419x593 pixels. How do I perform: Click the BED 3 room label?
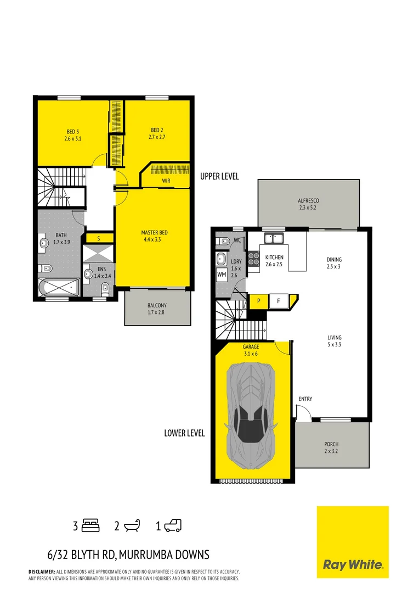pyautogui.click(x=71, y=131)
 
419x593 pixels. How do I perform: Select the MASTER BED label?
pyautogui.click(x=154, y=233)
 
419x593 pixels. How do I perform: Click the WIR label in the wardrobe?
pyautogui.click(x=165, y=180)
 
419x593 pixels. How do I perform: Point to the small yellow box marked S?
pyautogui.click(x=98, y=238)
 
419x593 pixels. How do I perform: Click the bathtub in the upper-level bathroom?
pyautogui.click(x=59, y=287)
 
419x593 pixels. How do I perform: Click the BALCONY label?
pyautogui.click(x=157, y=305)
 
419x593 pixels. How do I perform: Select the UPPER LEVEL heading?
pyautogui.click(x=219, y=177)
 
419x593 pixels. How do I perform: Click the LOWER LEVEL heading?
pyautogui.click(x=184, y=433)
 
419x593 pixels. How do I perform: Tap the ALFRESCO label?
pyautogui.click(x=308, y=201)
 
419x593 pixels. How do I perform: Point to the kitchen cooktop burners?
pyautogui.click(x=253, y=258)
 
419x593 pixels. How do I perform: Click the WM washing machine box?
pyautogui.click(x=222, y=274)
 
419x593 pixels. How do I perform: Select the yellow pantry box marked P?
pyautogui.click(x=258, y=301)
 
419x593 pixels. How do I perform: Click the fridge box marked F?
pyautogui.click(x=279, y=301)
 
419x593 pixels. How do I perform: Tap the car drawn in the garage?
pyautogui.click(x=253, y=417)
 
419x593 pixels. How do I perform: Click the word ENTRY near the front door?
pyautogui.click(x=305, y=399)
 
